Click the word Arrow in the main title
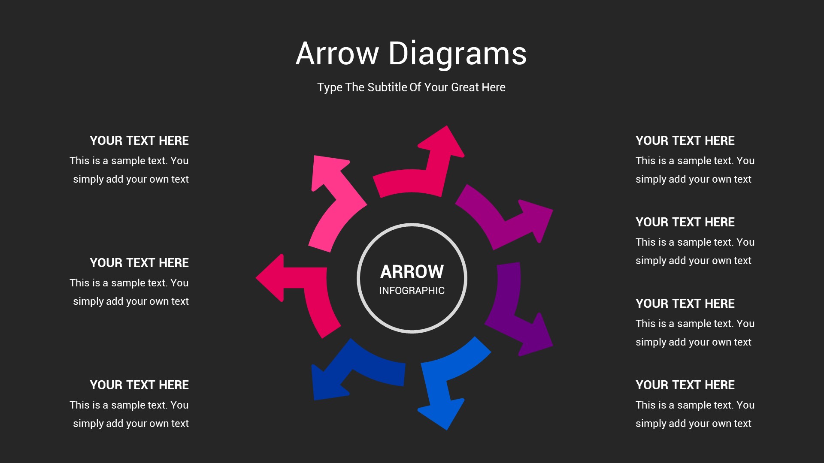(x=337, y=54)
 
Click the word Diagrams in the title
(x=457, y=54)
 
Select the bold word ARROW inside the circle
(x=412, y=271)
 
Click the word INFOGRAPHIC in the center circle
(x=412, y=291)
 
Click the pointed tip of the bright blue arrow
(x=447, y=430)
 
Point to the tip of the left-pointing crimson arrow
(x=256, y=278)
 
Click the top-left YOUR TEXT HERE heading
(x=139, y=141)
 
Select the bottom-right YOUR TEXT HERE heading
(x=685, y=385)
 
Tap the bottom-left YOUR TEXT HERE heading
(x=139, y=385)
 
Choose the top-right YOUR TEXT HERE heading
(x=685, y=141)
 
